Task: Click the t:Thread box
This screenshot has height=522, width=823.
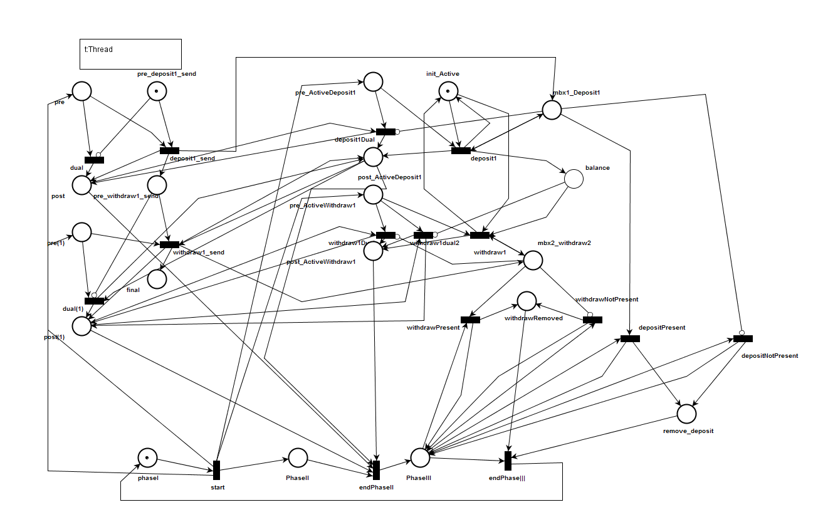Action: pyautogui.click(x=130, y=54)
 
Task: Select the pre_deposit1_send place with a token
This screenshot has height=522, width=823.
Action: pyautogui.click(x=157, y=91)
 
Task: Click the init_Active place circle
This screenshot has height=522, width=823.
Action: pyautogui.click(x=448, y=91)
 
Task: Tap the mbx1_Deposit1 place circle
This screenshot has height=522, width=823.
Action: pyautogui.click(x=552, y=110)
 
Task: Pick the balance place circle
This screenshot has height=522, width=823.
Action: pyautogui.click(x=574, y=179)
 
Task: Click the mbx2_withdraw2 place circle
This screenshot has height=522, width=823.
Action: pyautogui.click(x=533, y=260)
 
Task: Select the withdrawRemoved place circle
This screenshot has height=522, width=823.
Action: pyautogui.click(x=527, y=301)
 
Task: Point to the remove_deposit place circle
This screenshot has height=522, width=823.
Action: pyautogui.click(x=687, y=414)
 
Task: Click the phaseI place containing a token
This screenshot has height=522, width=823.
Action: pyautogui.click(x=147, y=457)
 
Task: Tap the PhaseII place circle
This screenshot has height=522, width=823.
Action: pyautogui.click(x=297, y=457)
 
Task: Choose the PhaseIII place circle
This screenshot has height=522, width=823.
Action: pyautogui.click(x=420, y=457)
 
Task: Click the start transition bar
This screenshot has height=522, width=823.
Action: pyautogui.click(x=216, y=470)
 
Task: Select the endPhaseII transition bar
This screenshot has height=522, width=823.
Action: pyautogui.click(x=376, y=470)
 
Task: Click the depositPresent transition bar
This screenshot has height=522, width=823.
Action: pyautogui.click(x=630, y=338)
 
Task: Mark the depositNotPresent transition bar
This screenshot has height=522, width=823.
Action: pyautogui.click(x=743, y=338)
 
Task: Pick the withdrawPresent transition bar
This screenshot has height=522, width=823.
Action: pyautogui.click(x=470, y=320)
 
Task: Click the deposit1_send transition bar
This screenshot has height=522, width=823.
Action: pyautogui.click(x=169, y=150)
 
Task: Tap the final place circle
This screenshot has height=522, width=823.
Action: pyautogui.click(x=157, y=278)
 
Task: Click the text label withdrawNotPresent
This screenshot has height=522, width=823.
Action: pyautogui.click(x=607, y=300)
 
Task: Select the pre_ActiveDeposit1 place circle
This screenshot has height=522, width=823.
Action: pyautogui.click(x=373, y=81)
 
